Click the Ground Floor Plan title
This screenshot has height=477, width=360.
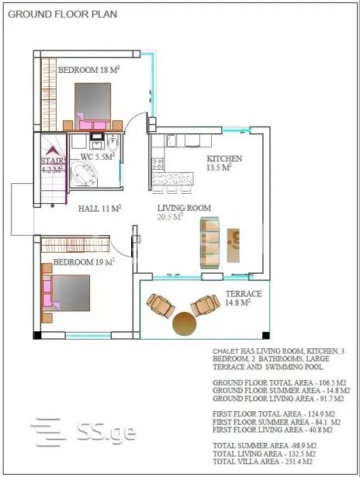click(62, 14)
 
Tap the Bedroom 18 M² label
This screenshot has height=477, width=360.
click(88, 70)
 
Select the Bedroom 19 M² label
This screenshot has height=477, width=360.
click(84, 261)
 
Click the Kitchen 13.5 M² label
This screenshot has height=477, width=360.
click(224, 163)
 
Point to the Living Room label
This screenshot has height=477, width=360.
click(184, 208)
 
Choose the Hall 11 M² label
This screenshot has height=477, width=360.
click(100, 209)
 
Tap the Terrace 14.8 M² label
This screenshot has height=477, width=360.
click(244, 298)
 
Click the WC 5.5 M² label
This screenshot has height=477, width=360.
click(98, 157)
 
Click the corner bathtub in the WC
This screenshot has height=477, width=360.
click(84, 174)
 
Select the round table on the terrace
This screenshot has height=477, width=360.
click(185, 323)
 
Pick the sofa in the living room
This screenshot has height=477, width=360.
click(209, 243)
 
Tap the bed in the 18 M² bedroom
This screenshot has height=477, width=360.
click(93, 105)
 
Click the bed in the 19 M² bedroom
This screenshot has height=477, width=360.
click(67, 292)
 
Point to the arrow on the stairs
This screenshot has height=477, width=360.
click(52, 150)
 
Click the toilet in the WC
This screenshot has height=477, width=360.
click(113, 143)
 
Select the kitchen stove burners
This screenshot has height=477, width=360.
click(157, 164)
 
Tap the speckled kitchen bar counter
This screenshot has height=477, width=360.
click(172, 179)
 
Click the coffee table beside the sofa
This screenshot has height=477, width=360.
click(233, 245)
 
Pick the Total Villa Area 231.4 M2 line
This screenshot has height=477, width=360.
click(262, 461)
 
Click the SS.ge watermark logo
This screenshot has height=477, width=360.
click(83, 432)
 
